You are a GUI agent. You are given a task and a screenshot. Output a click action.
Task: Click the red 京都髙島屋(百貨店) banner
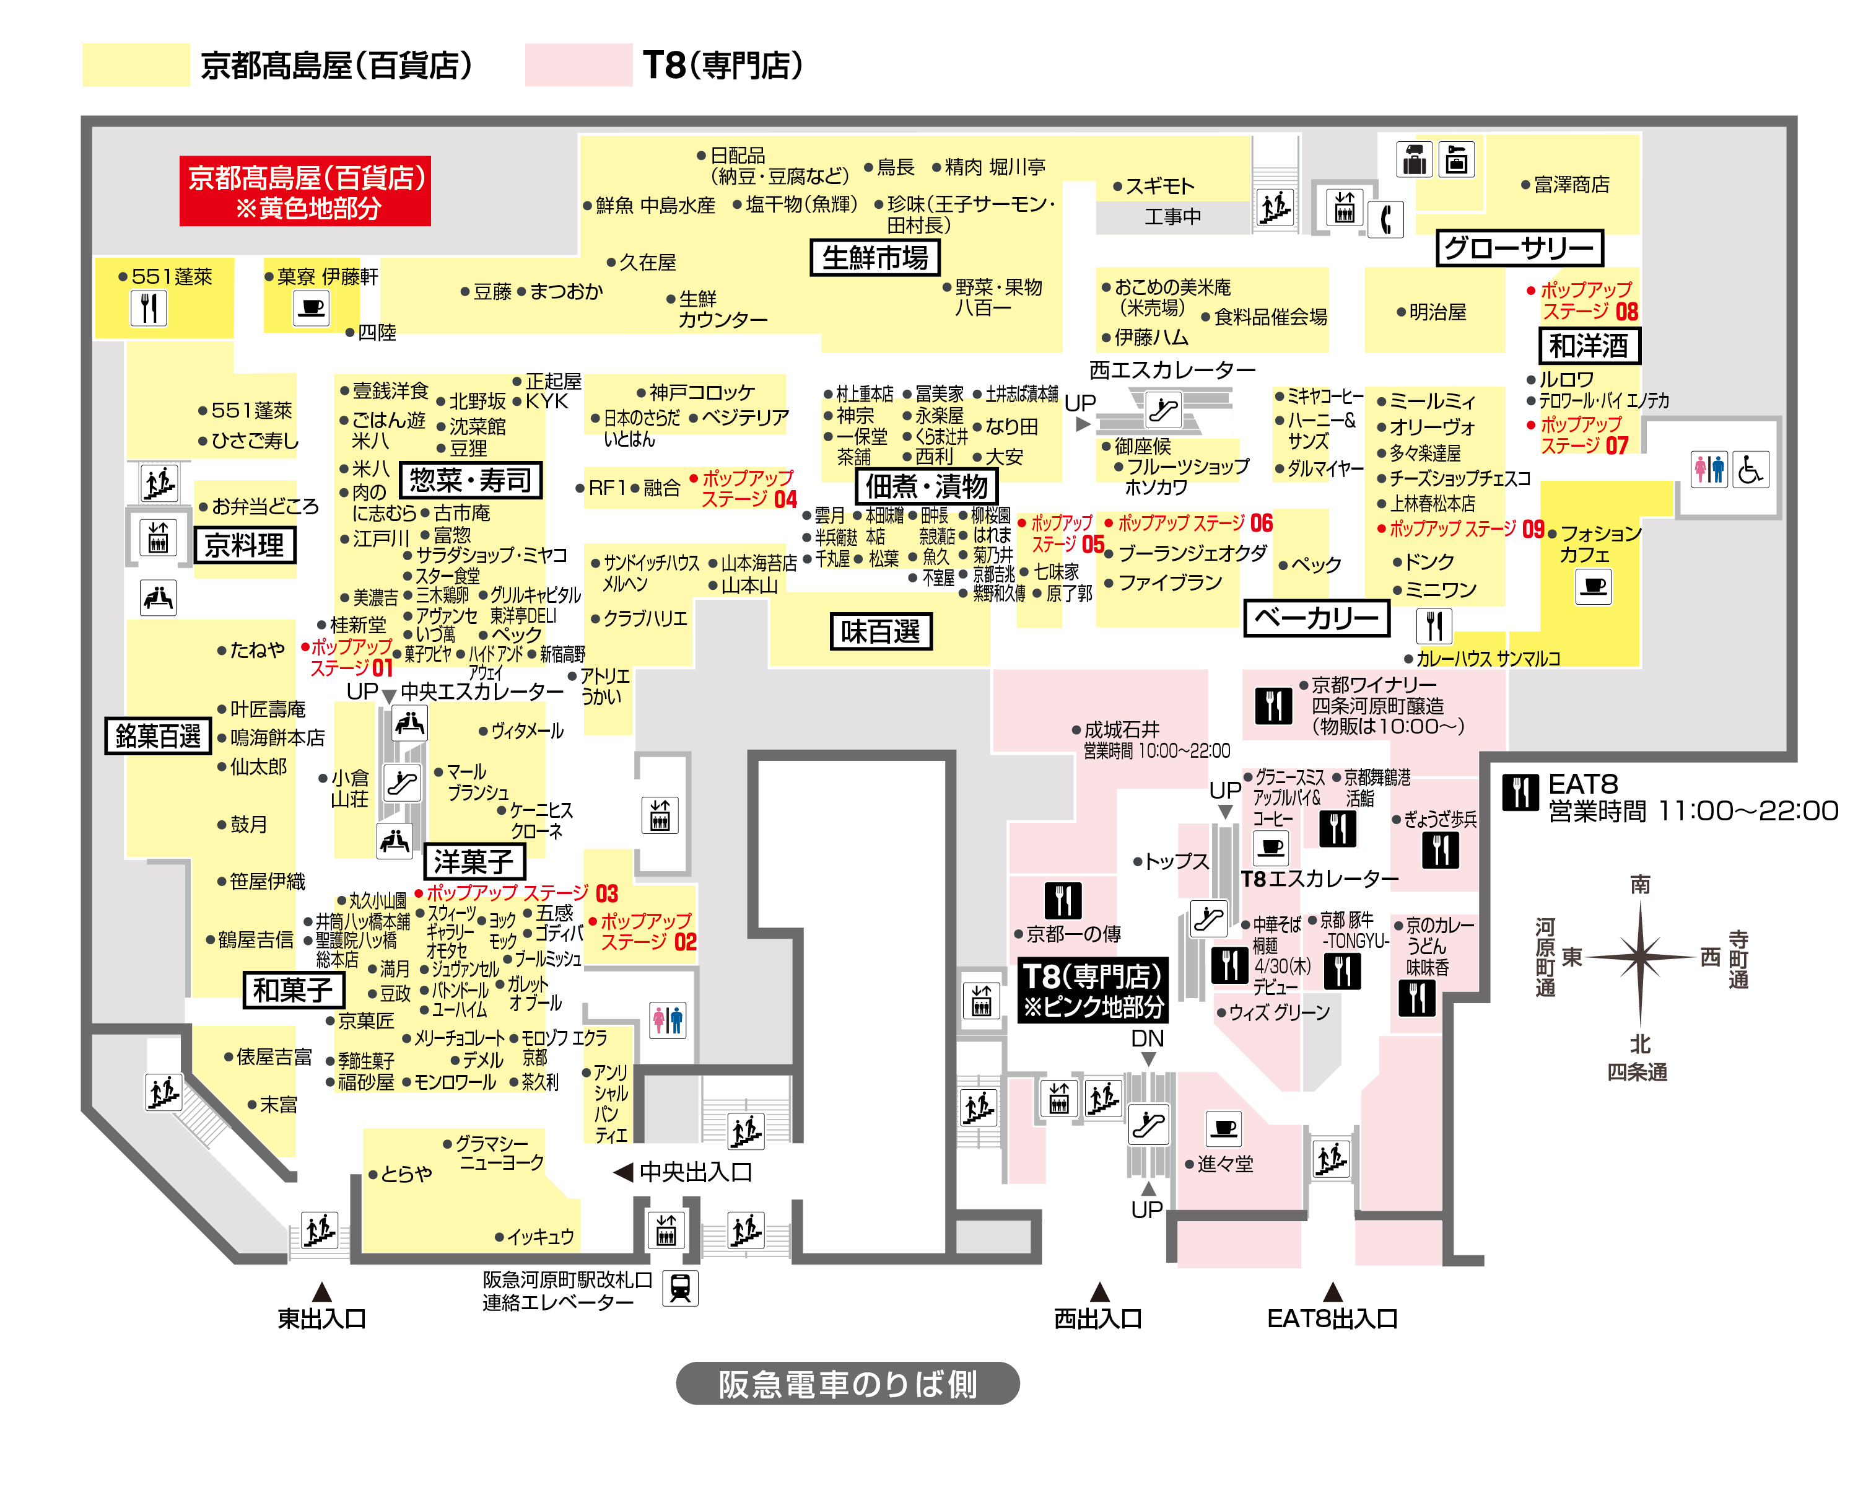305,190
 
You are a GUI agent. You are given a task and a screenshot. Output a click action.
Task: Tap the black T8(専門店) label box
1093,989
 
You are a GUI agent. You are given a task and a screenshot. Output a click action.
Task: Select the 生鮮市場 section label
874,258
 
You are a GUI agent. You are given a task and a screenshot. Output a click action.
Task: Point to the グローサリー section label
1519,248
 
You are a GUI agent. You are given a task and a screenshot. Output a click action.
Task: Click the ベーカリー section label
1317,618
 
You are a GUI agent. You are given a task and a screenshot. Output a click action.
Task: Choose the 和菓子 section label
293,989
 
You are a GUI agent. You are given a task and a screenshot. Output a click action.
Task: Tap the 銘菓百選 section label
159,735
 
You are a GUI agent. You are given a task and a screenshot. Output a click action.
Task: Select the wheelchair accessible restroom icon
1750,470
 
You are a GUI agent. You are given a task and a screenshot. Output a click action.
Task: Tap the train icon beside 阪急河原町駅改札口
680,1289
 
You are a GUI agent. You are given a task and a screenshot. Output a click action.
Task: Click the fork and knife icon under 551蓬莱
149,308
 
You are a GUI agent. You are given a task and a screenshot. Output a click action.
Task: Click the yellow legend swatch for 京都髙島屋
136,64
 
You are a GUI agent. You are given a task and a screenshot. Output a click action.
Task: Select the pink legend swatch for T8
578,64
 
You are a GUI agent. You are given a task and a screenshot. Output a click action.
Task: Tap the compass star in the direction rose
1640,957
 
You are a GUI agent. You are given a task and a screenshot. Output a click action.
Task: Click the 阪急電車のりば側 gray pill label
848,1384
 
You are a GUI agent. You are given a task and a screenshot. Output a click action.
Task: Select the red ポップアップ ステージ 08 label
1583,300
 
